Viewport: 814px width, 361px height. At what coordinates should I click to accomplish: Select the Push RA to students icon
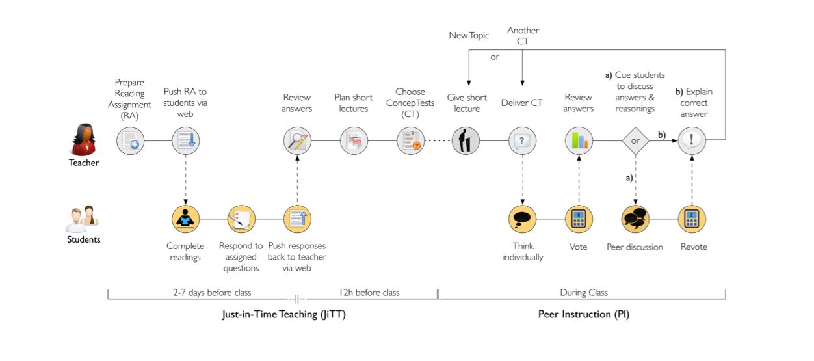[x=185, y=140]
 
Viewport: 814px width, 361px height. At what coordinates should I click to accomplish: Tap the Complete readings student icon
[x=185, y=219]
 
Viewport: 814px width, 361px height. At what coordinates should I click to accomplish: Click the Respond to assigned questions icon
[x=241, y=219]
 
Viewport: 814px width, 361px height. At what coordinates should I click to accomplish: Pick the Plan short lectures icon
[x=354, y=140]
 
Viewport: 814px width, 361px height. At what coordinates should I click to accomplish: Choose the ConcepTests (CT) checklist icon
[x=411, y=140]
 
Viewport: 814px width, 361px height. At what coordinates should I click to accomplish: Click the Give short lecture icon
[x=466, y=140]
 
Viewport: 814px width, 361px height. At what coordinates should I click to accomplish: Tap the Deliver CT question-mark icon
[x=522, y=140]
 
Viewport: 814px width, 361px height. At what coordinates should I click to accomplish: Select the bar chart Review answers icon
[x=579, y=140]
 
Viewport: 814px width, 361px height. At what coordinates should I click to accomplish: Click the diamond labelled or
[x=635, y=140]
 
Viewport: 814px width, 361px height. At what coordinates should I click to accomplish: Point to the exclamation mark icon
[x=692, y=140]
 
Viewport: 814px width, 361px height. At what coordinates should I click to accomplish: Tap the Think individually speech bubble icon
[x=522, y=219]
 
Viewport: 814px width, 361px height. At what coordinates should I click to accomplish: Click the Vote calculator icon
[x=579, y=219]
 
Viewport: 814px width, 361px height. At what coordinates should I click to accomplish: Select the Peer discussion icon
[x=635, y=219]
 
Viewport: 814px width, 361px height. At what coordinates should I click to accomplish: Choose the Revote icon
[x=692, y=219]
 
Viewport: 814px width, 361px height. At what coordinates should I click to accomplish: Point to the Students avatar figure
[x=83, y=219]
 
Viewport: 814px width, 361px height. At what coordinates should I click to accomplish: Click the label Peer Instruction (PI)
[x=584, y=314]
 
